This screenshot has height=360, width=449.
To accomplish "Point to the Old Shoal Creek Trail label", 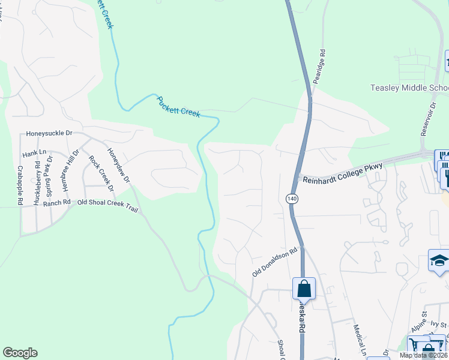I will point(107,202).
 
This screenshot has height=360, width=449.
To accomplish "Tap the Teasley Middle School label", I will point(409,88).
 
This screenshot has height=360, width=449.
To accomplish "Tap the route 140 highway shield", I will point(292,197).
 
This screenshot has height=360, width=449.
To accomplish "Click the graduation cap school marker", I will point(439,260).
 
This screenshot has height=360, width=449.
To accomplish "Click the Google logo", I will point(20,353).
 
